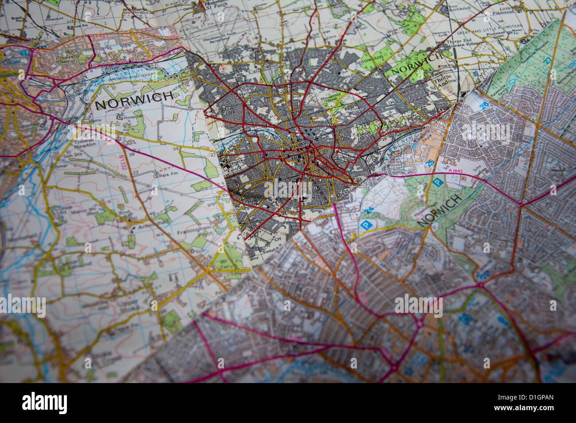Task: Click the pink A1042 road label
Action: point(449,171)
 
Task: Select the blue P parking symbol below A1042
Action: point(437,182)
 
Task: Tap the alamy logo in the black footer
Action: point(45,403)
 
